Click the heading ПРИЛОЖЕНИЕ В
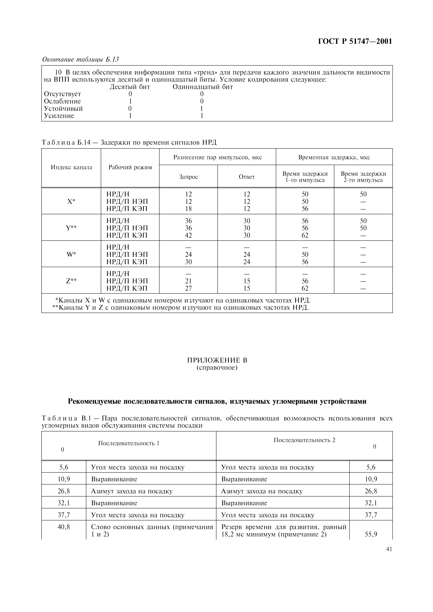tap(217, 360)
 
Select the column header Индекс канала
tap(71, 167)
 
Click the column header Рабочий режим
tap(130, 167)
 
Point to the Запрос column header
tap(188, 177)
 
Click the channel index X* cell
tap(71, 201)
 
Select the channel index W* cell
tap(71, 255)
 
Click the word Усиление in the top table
tap(59, 116)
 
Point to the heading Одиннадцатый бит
tap(203, 87)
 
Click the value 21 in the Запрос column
tap(188, 281)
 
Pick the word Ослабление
tap(62, 101)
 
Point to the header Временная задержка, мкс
tap(334, 157)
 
